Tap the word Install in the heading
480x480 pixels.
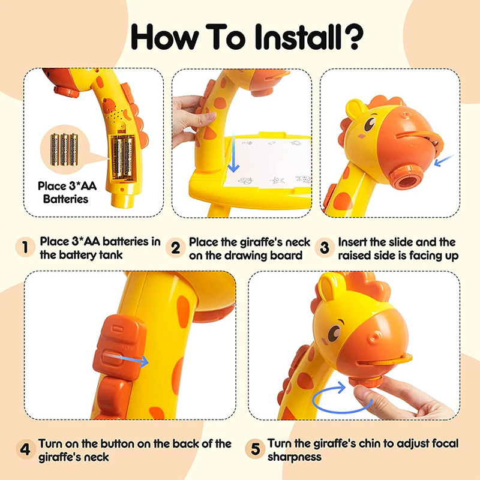click(295, 37)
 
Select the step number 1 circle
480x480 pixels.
click(25, 247)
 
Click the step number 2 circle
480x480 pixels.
click(175, 248)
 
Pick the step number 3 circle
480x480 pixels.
click(325, 248)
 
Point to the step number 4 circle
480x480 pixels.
click(26, 449)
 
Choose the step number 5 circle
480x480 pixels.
click(254, 449)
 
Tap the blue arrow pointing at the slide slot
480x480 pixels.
click(443, 161)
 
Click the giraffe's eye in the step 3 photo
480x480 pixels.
click(370, 123)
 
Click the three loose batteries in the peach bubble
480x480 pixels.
click(64, 149)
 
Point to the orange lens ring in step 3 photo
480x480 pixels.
click(407, 177)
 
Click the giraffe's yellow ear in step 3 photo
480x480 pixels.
click(356, 109)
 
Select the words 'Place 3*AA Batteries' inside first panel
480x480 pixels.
click(67, 193)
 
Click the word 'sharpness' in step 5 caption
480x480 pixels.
click(295, 457)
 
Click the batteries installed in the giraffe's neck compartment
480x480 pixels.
click(124, 157)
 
